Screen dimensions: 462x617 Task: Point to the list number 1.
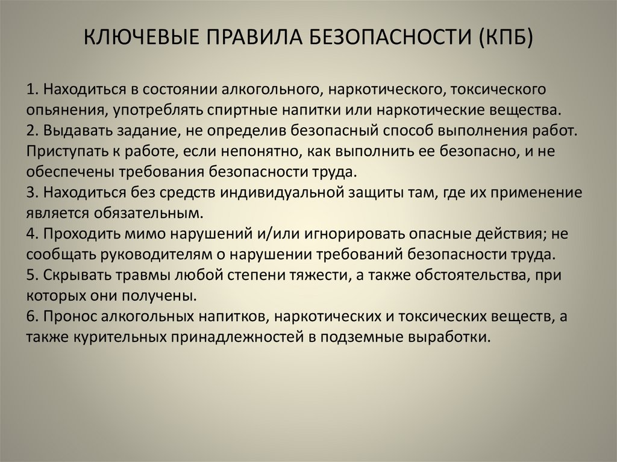31,90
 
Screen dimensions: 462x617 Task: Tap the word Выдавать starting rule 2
71,131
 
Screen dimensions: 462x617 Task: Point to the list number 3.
31,192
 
